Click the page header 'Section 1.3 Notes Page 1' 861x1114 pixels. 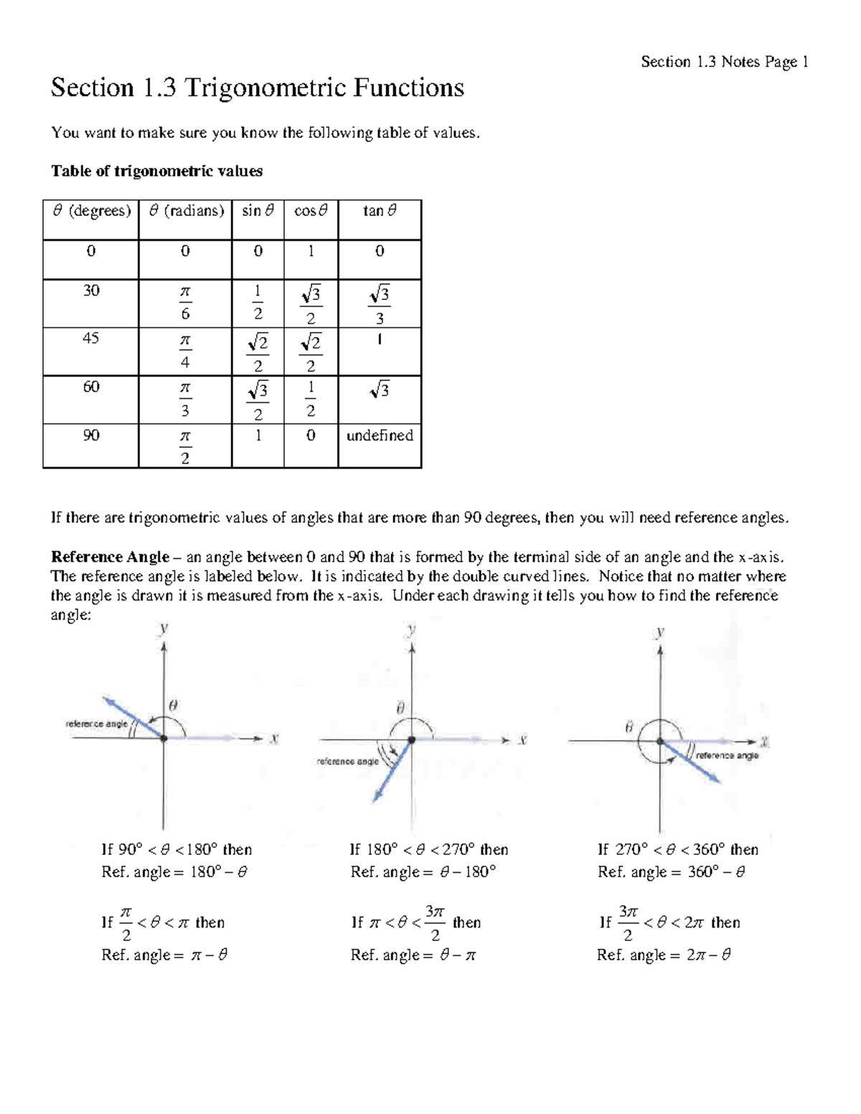point(725,62)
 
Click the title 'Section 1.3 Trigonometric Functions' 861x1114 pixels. point(258,88)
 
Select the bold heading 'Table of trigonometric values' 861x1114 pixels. point(156,171)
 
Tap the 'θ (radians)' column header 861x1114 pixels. point(186,211)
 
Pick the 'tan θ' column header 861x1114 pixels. point(380,211)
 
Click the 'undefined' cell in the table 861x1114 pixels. point(380,435)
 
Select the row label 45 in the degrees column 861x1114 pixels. point(90,339)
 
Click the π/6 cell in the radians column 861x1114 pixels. point(185,303)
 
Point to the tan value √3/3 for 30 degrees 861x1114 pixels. point(380,305)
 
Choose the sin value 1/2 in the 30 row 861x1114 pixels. point(258,303)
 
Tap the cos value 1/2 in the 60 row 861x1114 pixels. point(310,399)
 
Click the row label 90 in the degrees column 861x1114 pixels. point(90,435)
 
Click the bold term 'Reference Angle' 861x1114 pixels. point(110,557)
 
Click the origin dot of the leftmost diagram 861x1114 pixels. point(164,738)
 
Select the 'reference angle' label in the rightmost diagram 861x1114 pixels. point(727,755)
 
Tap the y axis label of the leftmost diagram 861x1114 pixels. point(164,628)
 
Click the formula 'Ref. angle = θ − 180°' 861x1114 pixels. point(423,872)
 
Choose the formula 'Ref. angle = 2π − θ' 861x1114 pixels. point(664,955)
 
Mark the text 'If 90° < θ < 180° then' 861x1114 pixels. point(177,850)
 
